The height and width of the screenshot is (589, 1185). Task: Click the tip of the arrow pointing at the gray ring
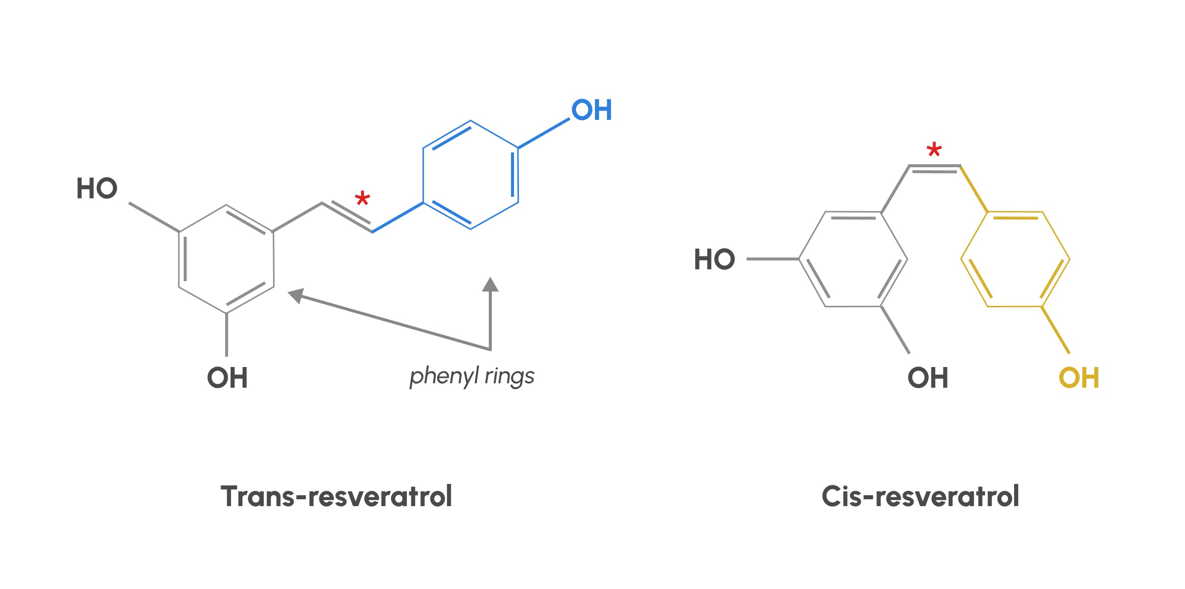click(288, 293)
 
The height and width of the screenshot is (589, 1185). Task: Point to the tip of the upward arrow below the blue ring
click(490, 277)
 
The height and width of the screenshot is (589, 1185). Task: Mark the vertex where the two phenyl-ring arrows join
click(490, 350)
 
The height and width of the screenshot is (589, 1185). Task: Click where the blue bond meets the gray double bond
click(372, 231)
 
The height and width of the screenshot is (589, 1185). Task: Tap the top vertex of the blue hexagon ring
click(471, 120)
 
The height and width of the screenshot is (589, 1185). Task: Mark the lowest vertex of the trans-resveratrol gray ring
click(227, 313)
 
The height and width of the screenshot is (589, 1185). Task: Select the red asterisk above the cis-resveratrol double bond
click(934, 149)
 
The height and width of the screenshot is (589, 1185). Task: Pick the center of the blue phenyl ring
click(471, 175)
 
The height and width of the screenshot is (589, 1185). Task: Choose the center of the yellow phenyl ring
click(1015, 259)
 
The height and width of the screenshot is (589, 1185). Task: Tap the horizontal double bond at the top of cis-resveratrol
click(934, 168)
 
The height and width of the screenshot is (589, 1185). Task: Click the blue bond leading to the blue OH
click(544, 133)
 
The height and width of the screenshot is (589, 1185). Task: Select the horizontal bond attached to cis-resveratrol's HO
click(773, 259)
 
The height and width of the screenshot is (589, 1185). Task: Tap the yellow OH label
click(1079, 378)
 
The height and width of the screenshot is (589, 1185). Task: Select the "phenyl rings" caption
click(472, 376)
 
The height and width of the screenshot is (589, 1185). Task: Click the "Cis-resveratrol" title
click(920, 496)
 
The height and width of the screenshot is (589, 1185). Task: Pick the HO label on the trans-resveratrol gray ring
click(97, 188)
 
